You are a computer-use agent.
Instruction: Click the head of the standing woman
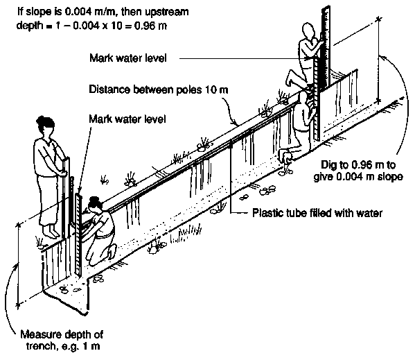(46, 126)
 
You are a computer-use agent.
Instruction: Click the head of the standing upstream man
(308, 31)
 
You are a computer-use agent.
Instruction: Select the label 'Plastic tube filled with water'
(317, 213)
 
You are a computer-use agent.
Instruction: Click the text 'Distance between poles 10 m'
(159, 89)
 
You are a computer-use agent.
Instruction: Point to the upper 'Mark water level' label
(128, 58)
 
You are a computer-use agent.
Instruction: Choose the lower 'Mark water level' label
(127, 119)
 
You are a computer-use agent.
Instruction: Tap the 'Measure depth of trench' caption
(62, 340)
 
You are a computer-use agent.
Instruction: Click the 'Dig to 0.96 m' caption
(358, 171)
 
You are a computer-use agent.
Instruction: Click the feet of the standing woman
(51, 232)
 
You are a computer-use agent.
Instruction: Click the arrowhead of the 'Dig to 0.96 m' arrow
(381, 57)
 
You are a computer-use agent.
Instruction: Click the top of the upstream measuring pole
(326, 8)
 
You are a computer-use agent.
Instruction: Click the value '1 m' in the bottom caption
(92, 346)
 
